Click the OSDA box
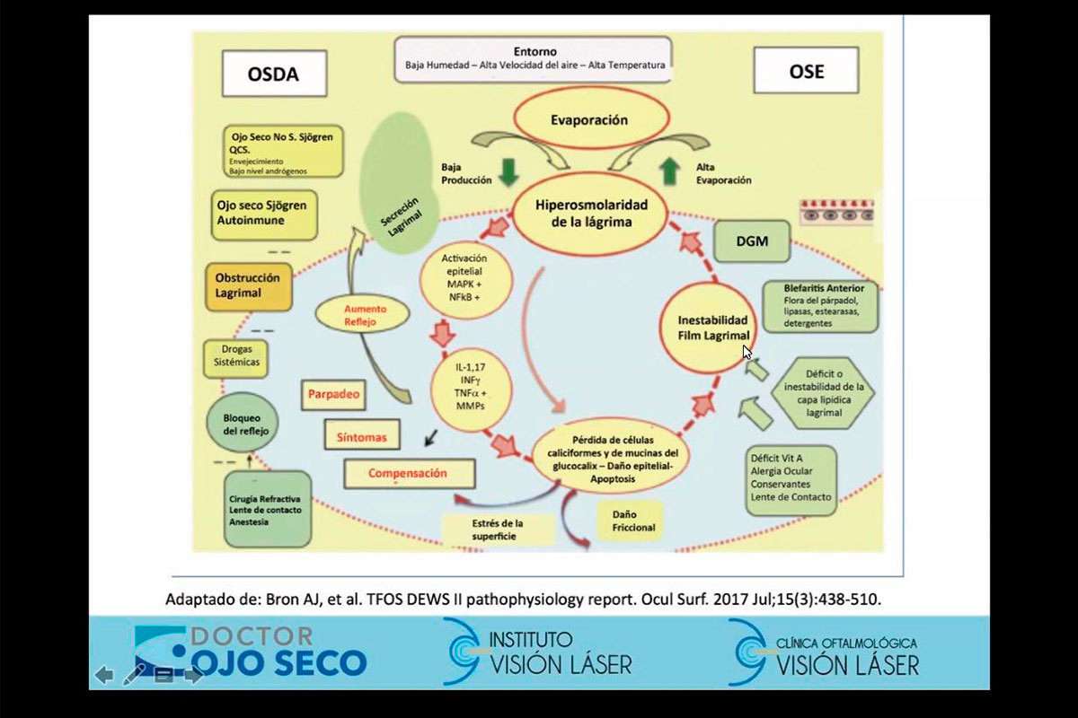pyautogui.click(x=272, y=74)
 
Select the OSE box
pyautogui.click(x=806, y=71)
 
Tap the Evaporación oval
pyautogui.click(x=589, y=120)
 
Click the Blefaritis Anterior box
pyautogui.click(x=817, y=306)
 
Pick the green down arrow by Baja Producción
pyautogui.click(x=509, y=172)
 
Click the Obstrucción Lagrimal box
pyautogui.click(x=247, y=285)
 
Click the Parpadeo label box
pyautogui.click(x=334, y=394)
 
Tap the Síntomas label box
pyautogui.click(x=359, y=437)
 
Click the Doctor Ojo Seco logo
pyautogui.click(x=251, y=651)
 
